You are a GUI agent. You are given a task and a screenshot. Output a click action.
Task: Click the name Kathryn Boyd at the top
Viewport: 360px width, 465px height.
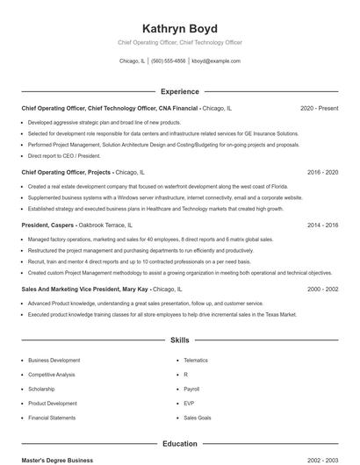pyautogui.click(x=179, y=28)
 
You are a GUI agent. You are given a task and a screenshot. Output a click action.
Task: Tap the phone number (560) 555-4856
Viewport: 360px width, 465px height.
pyautogui.click(x=169, y=61)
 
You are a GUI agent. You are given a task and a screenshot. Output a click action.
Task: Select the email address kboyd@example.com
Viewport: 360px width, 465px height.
pyautogui.click(x=216, y=61)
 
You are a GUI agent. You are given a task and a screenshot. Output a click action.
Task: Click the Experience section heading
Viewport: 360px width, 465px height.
pyautogui.click(x=179, y=91)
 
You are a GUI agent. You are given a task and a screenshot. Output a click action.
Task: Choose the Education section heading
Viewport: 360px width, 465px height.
pyautogui.click(x=179, y=444)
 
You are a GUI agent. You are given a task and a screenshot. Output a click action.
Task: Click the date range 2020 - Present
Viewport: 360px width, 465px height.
pyautogui.click(x=319, y=108)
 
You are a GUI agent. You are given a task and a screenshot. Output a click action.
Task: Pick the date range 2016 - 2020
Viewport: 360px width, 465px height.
pyautogui.click(x=322, y=173)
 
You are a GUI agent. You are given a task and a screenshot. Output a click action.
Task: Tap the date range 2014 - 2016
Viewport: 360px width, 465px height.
pyautogui.click(x=322, y=225)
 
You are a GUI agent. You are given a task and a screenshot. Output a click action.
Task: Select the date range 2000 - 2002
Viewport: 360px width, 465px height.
pyautogui.click(x=322, y=289)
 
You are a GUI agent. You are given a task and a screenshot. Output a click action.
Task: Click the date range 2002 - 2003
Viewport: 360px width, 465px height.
pyautogui.click(x=322, y=460)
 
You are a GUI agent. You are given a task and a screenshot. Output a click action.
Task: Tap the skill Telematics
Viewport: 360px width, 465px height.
pyautogui.click(x=196, y=361)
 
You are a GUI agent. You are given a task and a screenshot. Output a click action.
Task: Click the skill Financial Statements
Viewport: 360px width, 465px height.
pyautogui.click(x=52, y=418)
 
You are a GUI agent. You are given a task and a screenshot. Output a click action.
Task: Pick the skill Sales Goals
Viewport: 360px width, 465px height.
pyautogui.click(x=198, y=418)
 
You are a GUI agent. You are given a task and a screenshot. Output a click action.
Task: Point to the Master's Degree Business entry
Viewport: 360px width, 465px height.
pyautogui.click(x=57, y=460)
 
